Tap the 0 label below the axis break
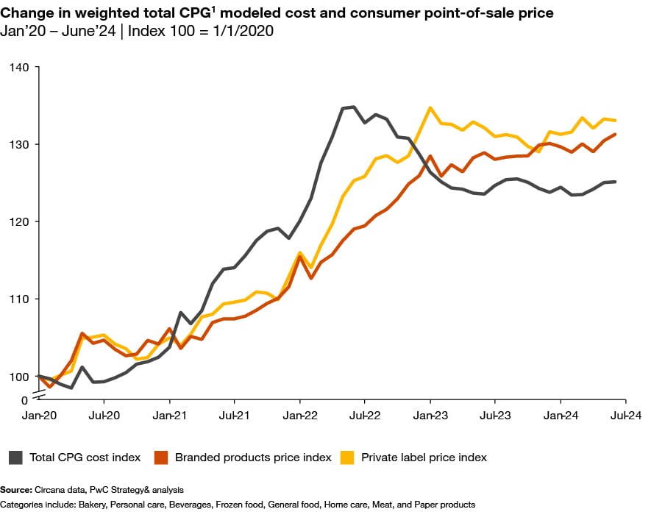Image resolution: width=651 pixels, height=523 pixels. coord(24,400)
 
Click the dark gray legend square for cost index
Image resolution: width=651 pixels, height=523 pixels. coord(15,458)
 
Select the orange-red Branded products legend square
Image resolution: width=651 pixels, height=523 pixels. coord(161,458)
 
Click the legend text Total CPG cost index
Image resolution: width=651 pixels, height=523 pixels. coord(85,458)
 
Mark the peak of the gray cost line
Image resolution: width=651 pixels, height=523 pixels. coord(353,107)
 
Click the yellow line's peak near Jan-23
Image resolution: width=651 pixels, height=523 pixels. coord(430,108)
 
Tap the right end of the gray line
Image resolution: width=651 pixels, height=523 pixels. coord(616,182)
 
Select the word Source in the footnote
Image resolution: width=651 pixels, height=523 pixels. coord(15,489)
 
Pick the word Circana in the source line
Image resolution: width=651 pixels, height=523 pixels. coord(49,489)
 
